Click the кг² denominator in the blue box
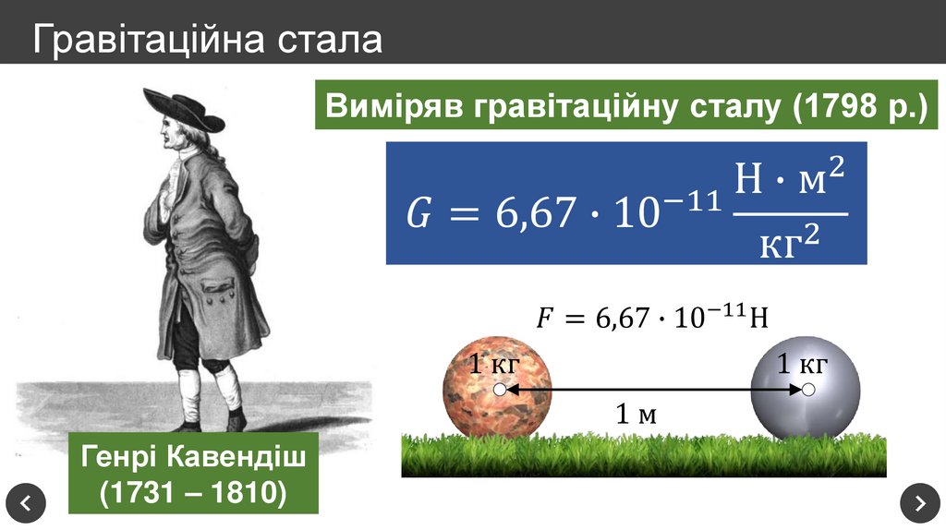click(x=790, y=243)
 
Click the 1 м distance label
click(x=637, y=415)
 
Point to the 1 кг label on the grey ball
click(x=801, y=364)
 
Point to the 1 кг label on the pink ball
click(x=494, y=364)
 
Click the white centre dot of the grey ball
click(x=808, y=391)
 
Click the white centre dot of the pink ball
click(x=500, y=391)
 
